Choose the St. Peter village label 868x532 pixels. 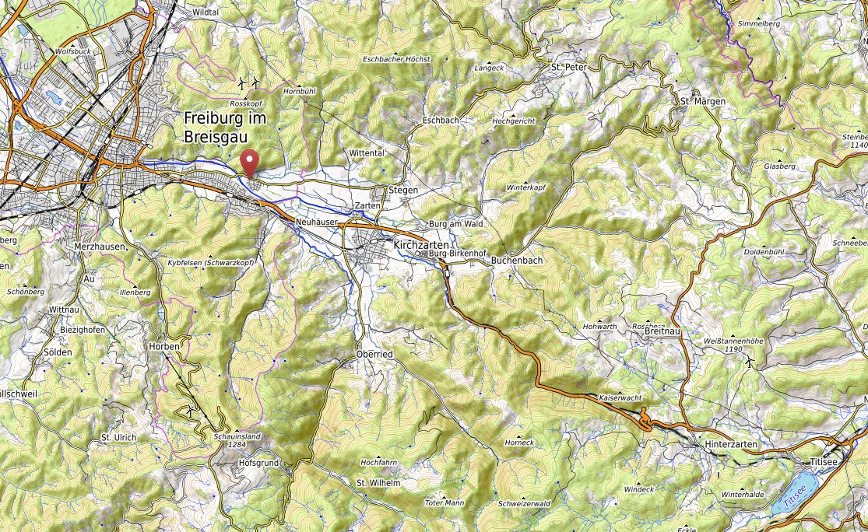[x=568, y=68]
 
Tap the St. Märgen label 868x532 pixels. [x=702, y=101]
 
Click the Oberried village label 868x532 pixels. [x=375, y=354]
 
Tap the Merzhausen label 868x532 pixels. [x=99, y=246]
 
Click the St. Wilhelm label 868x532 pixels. [x=378, y=483]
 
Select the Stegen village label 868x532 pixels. [x=403, y=190]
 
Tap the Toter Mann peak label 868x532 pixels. [x=444, y=502]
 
